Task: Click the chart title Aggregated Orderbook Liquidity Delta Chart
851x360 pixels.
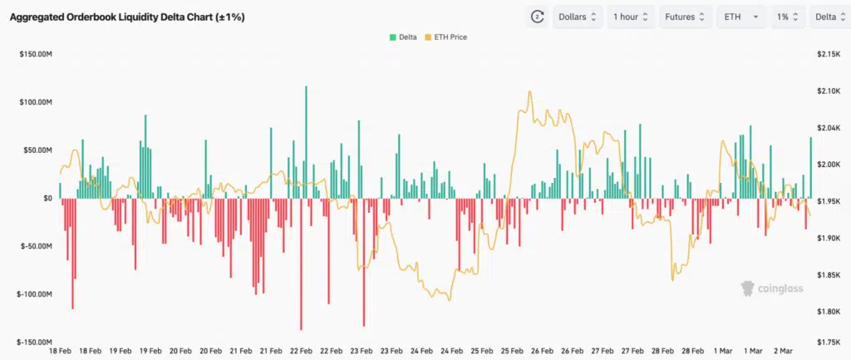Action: coord(126,17)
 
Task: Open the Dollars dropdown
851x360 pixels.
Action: coord(578,17)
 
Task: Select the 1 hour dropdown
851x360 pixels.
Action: coord(631,17)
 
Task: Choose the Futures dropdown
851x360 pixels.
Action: coord(686,17)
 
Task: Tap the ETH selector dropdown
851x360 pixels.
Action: coord(741,17)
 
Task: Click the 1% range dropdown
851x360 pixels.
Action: coord(787,17)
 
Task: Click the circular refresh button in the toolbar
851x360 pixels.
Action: coord(537,17)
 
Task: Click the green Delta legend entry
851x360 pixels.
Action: coord(404,37)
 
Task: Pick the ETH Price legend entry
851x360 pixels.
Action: coord(445,37)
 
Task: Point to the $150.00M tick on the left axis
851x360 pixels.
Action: coord(37,54)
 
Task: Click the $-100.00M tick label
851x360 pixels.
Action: coord(36,294)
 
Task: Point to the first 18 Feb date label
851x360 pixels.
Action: coord(60,351)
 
